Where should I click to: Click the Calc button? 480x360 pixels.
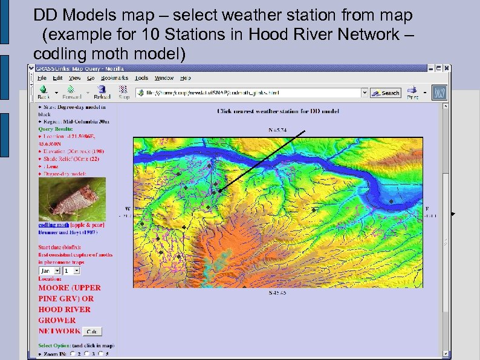pyautogui.click(x=92, y=332)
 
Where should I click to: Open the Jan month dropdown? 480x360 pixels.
pyautogui.click(x=50, y=272)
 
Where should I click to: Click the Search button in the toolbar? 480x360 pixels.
pyautogui.click(x=386, y=93)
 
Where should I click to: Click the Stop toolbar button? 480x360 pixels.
pyautogui.click(x=124, y=93)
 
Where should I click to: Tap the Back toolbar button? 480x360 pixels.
pyautogui.click(x=44, y=93)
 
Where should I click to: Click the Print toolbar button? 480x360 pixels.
pyautogui.click(x=413, y=93)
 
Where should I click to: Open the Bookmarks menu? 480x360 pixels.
pyautogui.click(x=114, y=78)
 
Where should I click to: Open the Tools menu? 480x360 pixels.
pyautogui.click(x=141, y=78)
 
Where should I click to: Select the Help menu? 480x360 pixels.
pyautogui.click(x=186, y=78)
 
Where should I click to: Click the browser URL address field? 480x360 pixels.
pyautogui.click(x=248, y=93)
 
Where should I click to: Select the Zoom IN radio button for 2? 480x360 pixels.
pyautogui.click(x=73, y=353)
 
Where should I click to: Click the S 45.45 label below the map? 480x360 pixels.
pyautogui.click(x=279, y=293)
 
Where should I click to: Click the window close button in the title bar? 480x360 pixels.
pyautogui.click(x=447, y=68)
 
